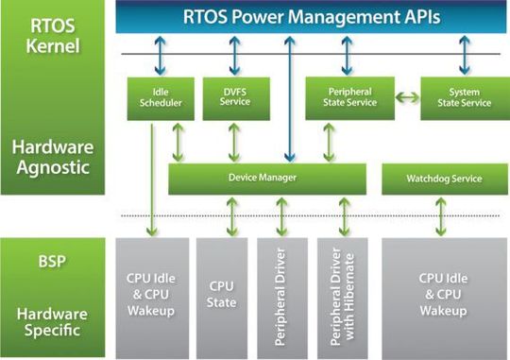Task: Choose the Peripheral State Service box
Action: pyautogui.click(x=343, y=97)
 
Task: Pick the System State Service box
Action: pyautogui.click(x=456, y=97)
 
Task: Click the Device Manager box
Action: pyautogui.click(x=263, y=178)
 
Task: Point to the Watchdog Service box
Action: pyautogui.click(x=443, y=178)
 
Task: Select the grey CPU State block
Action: pyautogui.click(x=221, y=293)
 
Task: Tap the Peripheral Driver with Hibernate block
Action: pyautogui.click(x=342, y=293)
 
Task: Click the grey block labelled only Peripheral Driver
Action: pyautogui.click(x=281, y=293)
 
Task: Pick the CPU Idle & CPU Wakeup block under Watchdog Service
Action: pyautogui.click(x=443, y=293)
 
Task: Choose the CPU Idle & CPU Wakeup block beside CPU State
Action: pyautogui.click(x=152, y=293)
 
